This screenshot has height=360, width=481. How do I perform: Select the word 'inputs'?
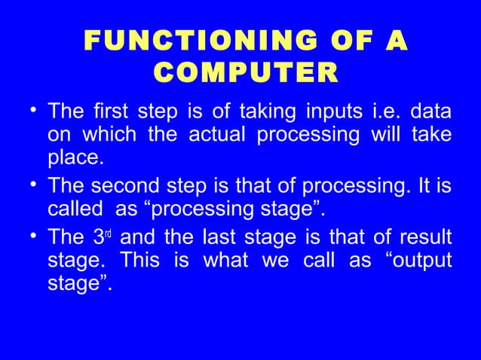pyautogui.click(x=335, y=114)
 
